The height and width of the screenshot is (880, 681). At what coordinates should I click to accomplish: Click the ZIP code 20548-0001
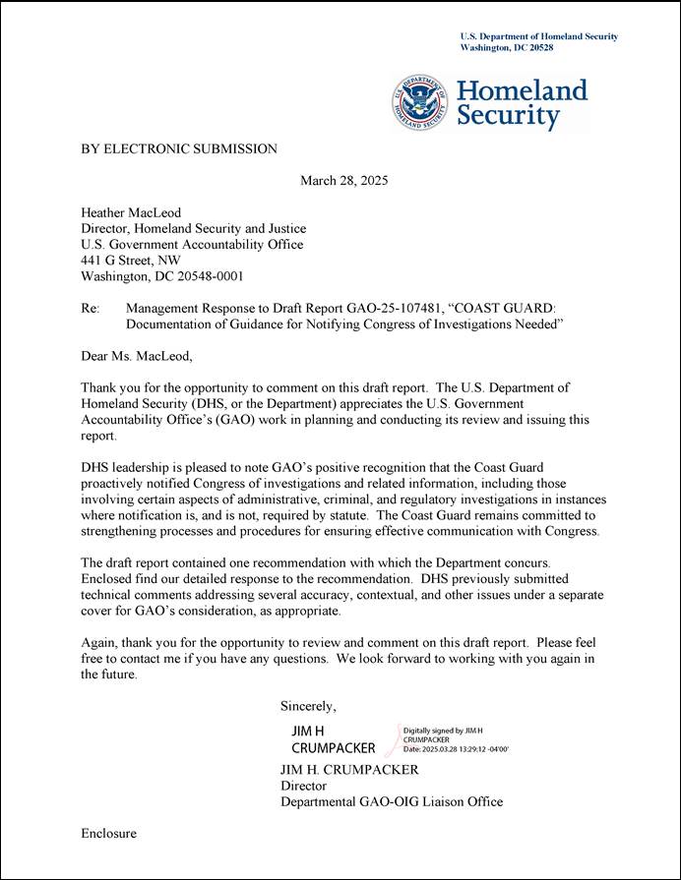[x=203, y=276]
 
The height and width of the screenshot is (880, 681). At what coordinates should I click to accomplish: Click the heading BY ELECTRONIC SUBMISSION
[x=178, y=148]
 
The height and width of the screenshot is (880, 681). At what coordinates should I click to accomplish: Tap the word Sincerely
[x=308, y=705]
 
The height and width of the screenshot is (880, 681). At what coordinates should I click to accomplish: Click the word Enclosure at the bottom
[x=108, y=834]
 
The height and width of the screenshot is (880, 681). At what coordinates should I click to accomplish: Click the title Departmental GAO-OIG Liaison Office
[x=391, y=801]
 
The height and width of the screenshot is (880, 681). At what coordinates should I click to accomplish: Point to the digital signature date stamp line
[x=456, y=749]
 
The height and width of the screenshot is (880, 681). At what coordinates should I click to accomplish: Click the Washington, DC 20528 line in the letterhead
[x=507, y=47]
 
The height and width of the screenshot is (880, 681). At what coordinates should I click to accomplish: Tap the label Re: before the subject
[x=91, y=309]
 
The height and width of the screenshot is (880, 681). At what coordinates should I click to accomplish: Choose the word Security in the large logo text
[x=507, y=116]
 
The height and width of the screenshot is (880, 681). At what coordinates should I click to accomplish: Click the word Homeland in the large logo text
[x=522, y=90]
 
